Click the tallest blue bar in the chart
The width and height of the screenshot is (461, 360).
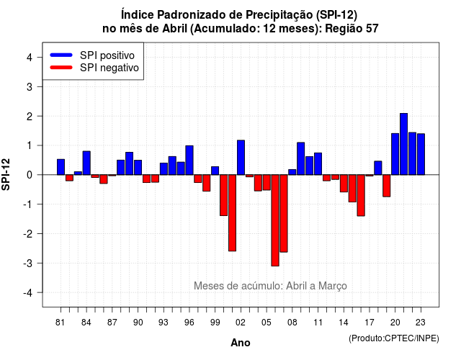click(x=403, y=144)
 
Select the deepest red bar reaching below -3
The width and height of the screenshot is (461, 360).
click(x=275, y=220)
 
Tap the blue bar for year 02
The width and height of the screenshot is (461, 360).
click(x=241, y=158)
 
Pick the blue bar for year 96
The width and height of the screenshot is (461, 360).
click(x=189, y=160)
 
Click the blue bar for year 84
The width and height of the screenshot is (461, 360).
click(x=86, y=163)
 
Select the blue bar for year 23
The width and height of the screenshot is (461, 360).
click(x=421, y=154)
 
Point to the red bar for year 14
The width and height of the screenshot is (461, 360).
click(x=344, y=184)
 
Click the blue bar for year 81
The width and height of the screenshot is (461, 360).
click(x=61, y=167)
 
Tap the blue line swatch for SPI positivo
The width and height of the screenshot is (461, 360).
click(x=61, y=55)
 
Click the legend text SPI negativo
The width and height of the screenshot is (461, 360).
click(x=109, y=68)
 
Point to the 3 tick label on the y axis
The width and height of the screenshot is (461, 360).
click(x=30, y=87)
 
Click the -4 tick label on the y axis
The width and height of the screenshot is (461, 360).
click(x=28, y=293)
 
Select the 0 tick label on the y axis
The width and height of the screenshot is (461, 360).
click(x=30, y=175)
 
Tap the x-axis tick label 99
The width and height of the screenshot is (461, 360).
click(x=215, y=323)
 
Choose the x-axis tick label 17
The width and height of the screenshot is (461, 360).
click(x=370, y=323)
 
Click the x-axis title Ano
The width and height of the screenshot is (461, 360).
click(x=241, y=343)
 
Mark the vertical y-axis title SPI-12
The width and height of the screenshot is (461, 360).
click(x=6, y=174)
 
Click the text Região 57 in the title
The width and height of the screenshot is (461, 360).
click(x=352, y=29)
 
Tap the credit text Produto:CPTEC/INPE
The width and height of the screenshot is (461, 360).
click(x=394, y=338)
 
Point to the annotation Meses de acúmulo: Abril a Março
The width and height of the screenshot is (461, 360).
click(x=270, y=286)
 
